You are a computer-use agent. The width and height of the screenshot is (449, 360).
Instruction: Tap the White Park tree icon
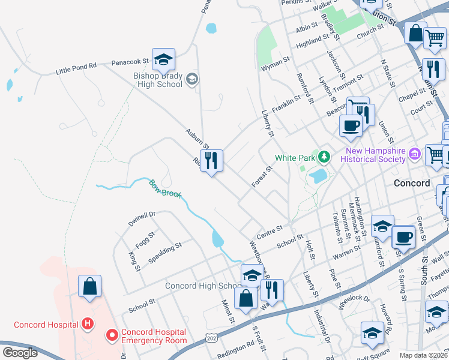pos(325,157)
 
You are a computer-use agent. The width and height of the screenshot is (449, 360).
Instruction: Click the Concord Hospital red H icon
pos(88,325)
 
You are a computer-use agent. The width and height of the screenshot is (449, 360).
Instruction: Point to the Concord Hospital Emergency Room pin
pos(111,335)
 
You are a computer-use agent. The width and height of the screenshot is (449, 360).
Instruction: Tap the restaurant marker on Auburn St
pos(211,161)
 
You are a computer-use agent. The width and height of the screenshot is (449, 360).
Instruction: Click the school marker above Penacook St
pos(163,60)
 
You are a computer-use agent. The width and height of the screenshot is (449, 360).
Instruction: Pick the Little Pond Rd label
pos(76,68)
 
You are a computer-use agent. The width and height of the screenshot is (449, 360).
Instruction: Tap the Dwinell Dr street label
pos(142,219)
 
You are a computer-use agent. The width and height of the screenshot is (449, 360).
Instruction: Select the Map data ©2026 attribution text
pos(423,355)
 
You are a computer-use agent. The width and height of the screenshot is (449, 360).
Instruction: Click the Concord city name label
pos(411,183)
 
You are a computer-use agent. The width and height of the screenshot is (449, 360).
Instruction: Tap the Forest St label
pos(262,177)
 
